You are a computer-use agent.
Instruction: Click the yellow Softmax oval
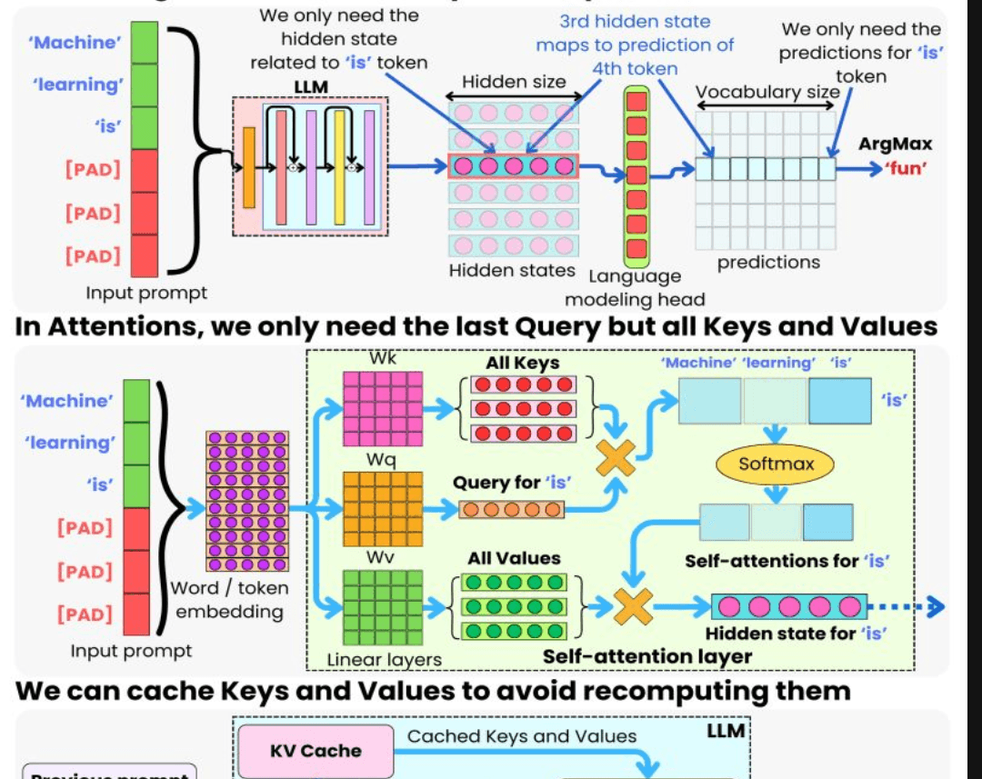[776, 464]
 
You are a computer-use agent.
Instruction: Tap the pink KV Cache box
[316, 751]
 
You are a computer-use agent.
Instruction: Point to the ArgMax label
[896, 144]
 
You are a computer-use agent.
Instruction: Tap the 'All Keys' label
[523, 364]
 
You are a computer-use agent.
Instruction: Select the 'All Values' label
[514, 558]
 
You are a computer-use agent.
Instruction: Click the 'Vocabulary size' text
[767, 92]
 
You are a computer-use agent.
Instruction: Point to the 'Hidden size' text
[513, 82]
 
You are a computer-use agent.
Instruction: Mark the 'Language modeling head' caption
[635, 288]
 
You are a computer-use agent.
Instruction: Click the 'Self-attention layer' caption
[647, 656]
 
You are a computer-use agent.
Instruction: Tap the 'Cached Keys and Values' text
[522, 736]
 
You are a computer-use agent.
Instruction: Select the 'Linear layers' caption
[385, 660]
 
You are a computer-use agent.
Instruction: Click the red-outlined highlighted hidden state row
[513, 165]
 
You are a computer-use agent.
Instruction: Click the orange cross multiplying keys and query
[615, 457]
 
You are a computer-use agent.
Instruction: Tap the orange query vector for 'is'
[510, 509]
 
